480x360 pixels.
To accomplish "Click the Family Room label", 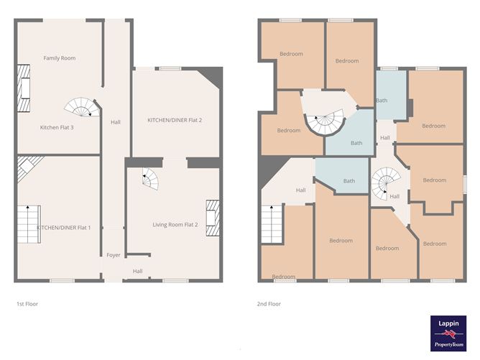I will [59, 58].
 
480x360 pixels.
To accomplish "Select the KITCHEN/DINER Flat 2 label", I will [174, 119].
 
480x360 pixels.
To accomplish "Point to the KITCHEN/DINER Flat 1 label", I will [64, 227].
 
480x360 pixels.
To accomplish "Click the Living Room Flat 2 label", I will [175, 225].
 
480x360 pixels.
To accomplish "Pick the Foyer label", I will [114, 254].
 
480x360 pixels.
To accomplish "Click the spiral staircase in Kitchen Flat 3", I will [81, 107].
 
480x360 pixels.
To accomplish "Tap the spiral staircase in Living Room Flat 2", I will [150, 178].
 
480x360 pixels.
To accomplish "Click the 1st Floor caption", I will [27, 304].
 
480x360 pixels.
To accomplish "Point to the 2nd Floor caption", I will [269, 304].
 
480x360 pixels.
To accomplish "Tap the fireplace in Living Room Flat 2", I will [213, 214].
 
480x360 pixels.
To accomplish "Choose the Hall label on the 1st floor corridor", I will [115, 122].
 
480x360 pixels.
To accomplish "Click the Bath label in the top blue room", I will [382, 101].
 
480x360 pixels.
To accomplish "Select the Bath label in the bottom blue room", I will [349, 181].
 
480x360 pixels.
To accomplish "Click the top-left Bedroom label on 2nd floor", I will [291, 54].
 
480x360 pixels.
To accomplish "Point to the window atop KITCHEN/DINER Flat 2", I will [170, 68].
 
